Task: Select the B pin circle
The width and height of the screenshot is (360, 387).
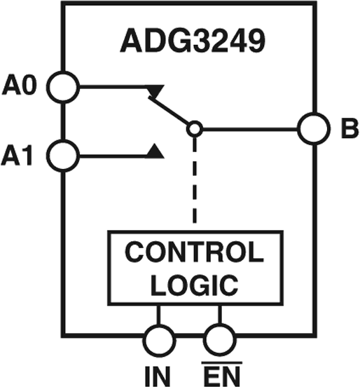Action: coord(312,128)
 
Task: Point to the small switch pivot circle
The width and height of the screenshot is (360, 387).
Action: coord(195,128)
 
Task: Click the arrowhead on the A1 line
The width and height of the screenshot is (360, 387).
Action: coord(158,150)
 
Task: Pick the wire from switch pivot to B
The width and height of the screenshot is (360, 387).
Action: coord(249,128)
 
